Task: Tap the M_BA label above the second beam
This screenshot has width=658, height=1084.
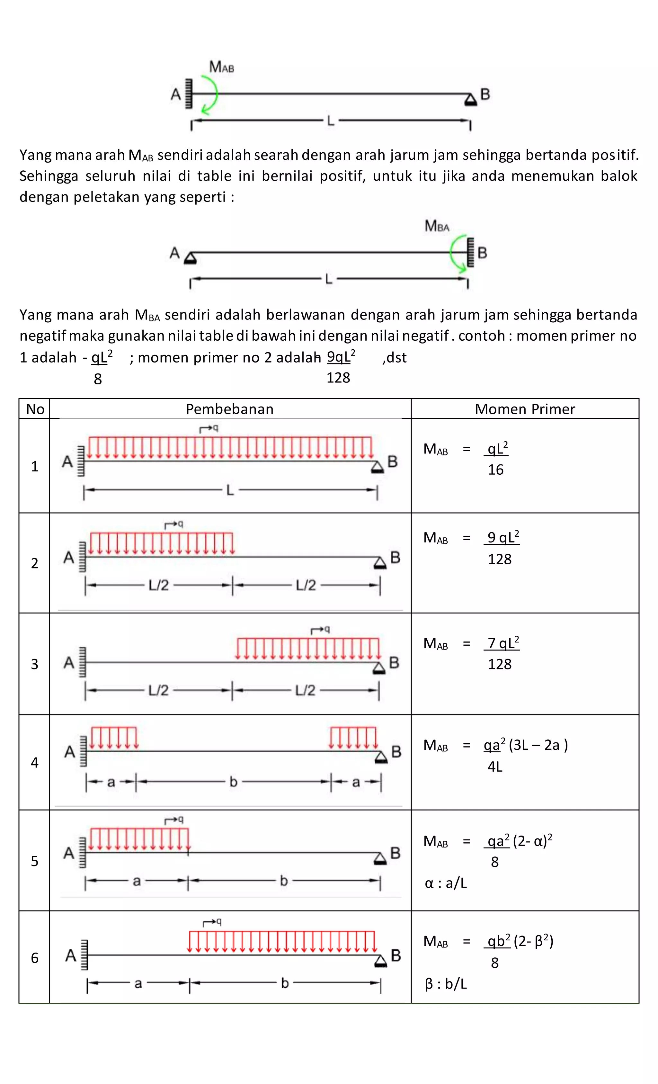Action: pos(437,226)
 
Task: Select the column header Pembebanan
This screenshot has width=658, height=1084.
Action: pos(230,409)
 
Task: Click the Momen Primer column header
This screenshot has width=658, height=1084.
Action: pos(525,409)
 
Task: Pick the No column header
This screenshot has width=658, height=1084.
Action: pos(35,409)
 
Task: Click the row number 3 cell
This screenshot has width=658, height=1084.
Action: pos(35,664)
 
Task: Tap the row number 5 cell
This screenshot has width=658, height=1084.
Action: pos(35,861)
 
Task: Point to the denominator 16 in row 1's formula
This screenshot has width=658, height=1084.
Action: pos(495,470)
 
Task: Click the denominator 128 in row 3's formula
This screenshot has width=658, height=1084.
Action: pos(499,664)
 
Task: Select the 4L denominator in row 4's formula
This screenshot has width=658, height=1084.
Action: pos(495,767)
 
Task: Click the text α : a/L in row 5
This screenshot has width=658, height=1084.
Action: pos(446,883)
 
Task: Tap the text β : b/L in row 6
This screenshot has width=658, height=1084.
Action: pos(446,984)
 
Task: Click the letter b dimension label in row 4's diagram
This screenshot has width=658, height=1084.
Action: pos(234,782)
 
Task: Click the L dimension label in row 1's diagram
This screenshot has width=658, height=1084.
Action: pos(230,490)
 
